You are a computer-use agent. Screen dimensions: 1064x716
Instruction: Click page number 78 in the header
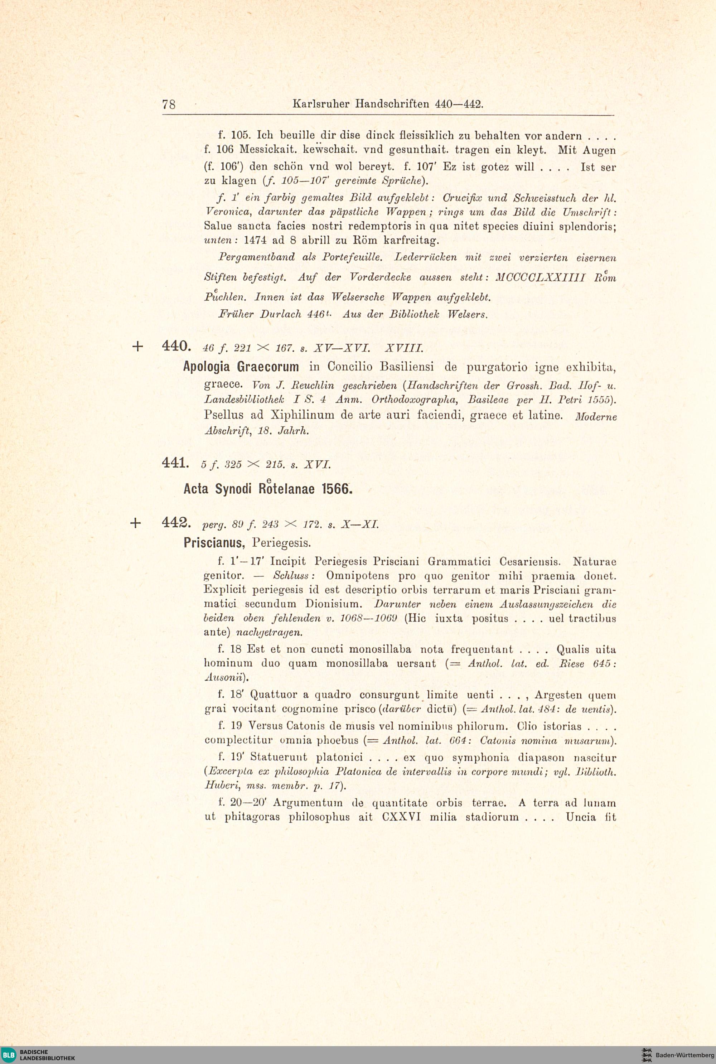pos(169,105)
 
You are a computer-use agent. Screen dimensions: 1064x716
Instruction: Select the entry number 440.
pos(176,346)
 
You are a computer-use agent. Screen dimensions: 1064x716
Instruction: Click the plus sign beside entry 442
pos(136,523)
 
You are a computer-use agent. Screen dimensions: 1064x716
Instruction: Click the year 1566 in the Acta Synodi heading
pos(337,489)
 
